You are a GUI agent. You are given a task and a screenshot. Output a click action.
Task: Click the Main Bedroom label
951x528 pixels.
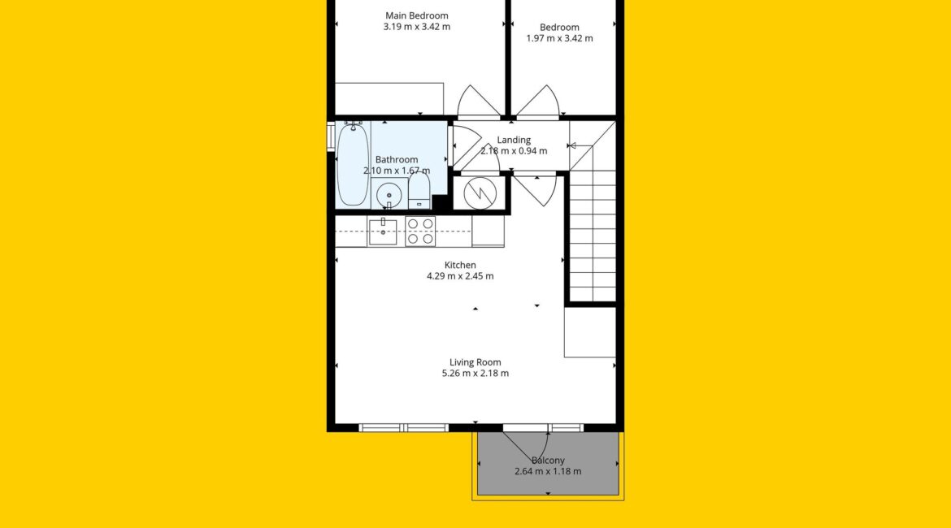coord(417,15)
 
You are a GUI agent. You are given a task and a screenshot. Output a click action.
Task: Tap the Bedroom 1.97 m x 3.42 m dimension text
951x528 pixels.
coord(559,38)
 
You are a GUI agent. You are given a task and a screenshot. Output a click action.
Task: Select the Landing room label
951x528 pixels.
coord(514,140)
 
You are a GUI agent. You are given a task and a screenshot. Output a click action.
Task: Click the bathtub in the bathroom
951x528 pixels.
coord(353,163)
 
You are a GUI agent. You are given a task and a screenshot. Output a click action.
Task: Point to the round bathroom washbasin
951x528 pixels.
coord(389,195)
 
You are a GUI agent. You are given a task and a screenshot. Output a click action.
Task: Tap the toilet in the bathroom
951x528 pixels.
coord(419,190)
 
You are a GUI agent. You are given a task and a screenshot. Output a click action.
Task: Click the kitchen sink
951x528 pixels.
coord(383,231)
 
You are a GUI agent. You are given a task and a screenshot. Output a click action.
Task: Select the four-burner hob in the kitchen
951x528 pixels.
coord(420,231)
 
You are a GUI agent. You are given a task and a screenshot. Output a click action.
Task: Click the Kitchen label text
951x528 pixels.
coord(460,265)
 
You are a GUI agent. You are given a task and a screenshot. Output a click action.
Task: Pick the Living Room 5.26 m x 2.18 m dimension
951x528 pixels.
coord(475,374)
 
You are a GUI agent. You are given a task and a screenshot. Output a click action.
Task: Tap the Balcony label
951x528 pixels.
coord(548,461)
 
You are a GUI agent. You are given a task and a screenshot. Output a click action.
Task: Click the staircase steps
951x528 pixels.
coord(593,236)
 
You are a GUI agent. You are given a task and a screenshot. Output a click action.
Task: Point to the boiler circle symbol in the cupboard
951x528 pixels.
coord(480,193)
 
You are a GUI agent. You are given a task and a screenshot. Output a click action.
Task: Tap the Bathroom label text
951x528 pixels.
coord(397,159)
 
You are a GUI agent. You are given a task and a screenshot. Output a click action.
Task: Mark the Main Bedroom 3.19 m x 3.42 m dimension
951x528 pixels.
coord(417,27)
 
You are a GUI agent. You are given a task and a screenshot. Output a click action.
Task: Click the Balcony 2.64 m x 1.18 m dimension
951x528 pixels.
coord(548,472)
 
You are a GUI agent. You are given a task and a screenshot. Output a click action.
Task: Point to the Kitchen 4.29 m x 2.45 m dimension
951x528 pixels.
coord(460,276)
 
